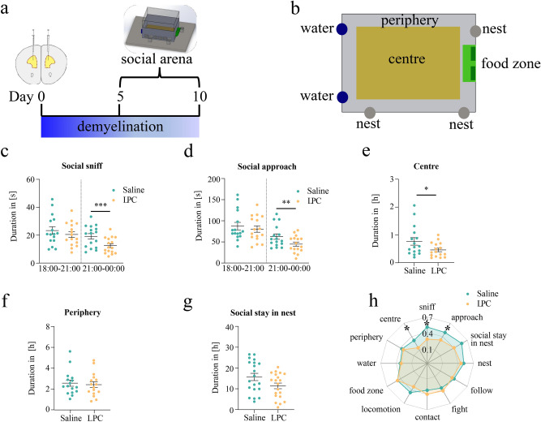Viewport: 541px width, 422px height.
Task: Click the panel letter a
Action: coord(7,11)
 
